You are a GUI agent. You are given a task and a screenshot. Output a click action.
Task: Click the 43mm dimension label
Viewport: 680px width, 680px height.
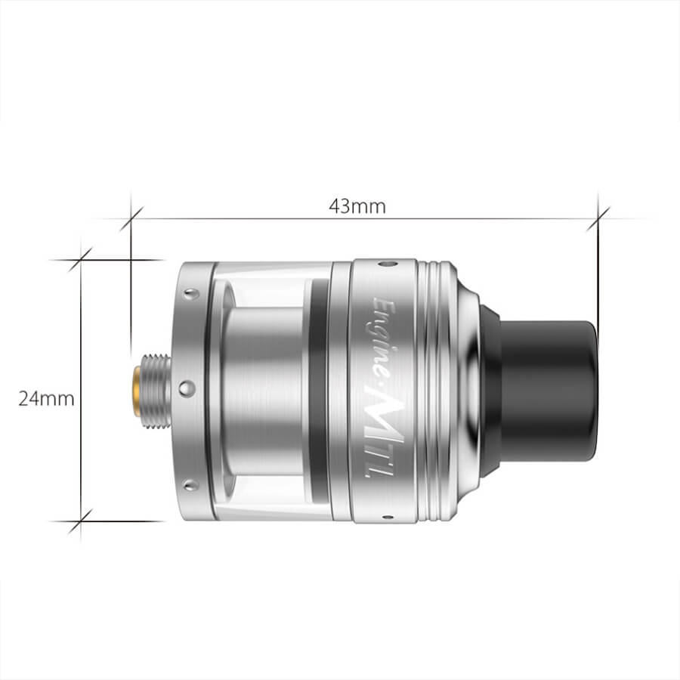357,206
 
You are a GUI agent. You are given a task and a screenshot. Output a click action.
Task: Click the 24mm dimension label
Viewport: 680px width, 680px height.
46,398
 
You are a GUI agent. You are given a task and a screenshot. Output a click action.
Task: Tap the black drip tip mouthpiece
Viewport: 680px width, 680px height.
549,389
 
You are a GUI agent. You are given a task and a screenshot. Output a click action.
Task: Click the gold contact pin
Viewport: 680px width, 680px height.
137,391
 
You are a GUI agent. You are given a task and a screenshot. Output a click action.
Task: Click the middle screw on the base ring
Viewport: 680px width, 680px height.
187,388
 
